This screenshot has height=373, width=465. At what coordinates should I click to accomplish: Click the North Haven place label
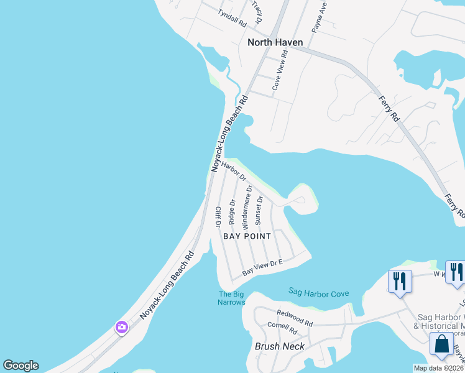(x=275, y=42)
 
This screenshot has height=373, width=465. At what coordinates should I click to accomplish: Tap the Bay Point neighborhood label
(x=248, y=236)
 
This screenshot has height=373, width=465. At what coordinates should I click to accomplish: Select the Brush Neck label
(x=280, y=346)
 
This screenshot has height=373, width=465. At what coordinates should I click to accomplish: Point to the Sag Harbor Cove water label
(x=319, y=293)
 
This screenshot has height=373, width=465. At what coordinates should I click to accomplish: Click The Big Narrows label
(x=232, y=298)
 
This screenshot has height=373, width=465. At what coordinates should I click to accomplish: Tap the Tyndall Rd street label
(x=232, y=17)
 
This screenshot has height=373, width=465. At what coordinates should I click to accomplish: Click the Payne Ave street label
(x=318, y=17)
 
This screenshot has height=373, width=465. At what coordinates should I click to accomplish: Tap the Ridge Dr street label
(x=233, y=211)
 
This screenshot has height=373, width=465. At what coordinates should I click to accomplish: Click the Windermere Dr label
(x=247, y=206)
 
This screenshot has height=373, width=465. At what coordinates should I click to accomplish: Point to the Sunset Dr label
(x=260, y=210)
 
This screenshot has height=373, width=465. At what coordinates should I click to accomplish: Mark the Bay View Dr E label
(x=262, y=268)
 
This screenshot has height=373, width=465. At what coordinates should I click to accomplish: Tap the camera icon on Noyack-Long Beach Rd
(x=121, y=326)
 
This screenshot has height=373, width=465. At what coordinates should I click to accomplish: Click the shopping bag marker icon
(x=441, y=344)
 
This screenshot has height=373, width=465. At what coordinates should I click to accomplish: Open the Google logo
(x=21, y=366)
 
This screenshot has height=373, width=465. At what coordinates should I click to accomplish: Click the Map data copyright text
(x=438, y=368)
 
